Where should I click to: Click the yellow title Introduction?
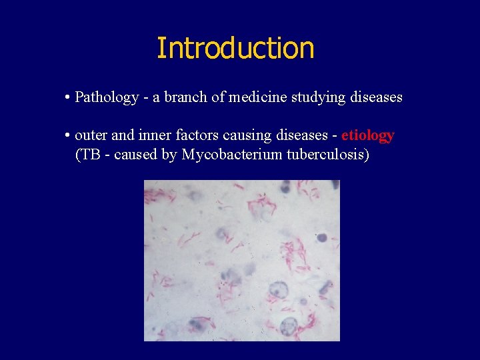tap(235, 49)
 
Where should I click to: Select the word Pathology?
tap(107, 97)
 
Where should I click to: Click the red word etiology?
tap(368, 136)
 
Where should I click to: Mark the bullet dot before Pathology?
tap(69, 98)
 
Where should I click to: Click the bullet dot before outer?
tap(69, 136)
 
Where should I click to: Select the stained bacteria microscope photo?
tap(242, 260)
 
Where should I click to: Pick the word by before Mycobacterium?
tap(169, 155)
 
